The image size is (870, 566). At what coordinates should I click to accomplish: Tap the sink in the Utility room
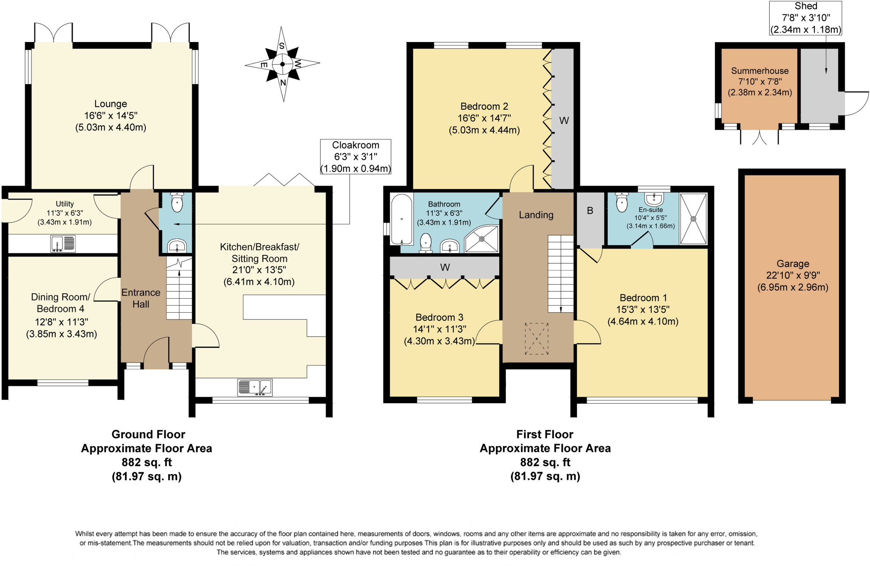pyautogui.click(x=63, y=243)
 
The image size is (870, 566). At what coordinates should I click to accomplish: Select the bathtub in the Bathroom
pyautogui.click(x=401, y=219)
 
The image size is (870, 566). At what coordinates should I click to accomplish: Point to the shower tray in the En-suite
pyautogui.click(x=693, y=219)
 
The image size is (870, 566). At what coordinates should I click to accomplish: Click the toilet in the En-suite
pyautogui.click(x=622, y=202)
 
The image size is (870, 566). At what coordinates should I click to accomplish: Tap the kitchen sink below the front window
pyautogui.click(x=255, y=388)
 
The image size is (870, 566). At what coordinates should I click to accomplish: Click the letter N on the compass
pyautogui.click(x=283, y=83)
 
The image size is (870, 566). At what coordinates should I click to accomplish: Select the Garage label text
pyautogui.click(x=793, y=264)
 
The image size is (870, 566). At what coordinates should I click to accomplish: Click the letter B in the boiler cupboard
pyautogui.click(x=590, y=211)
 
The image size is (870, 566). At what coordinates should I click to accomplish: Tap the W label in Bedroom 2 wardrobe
pyautogui.click(x=564, y=121)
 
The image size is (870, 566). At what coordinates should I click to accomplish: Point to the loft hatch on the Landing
pyautogui.click(x=537, y=339)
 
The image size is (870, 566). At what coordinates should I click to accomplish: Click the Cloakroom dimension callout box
pyautogui.click(x=356, y=157)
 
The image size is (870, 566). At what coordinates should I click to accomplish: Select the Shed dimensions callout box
pyautogui.click(x=805, y=18)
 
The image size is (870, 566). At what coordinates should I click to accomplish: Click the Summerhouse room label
pyautogui.click(x=760, y=71)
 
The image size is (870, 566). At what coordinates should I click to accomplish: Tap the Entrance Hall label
pyautogui.click(x=141, y=298)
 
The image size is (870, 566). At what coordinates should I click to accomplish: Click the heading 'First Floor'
pyautogui.click(x=545, y=434)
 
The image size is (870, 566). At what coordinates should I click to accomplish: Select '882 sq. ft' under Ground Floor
pyautogui.click(x=147, y=462)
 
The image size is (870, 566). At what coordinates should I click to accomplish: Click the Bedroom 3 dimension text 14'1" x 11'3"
pyautogui.click(x=439, y=329)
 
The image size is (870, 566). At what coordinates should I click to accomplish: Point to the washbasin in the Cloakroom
pyautogui.click(x=177, y=246)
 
